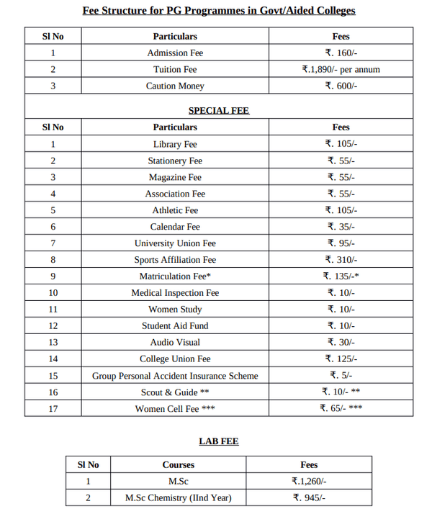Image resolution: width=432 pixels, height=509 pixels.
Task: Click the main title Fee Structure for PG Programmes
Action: pyautogui.click(x=219, y=11)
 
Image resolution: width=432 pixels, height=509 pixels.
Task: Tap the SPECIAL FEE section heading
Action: pyautogui.click(x=219, y=110)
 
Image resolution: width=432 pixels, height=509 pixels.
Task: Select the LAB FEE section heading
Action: pyautogui.click(x=219, y=441)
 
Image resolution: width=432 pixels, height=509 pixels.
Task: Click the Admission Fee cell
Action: pyautogui.click(x=175, y=53)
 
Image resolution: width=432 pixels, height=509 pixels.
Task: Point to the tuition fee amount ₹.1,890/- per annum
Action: pyautogui.click(x=341, y=69)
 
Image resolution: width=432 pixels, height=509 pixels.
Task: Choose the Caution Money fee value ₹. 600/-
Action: pyautogui.click(x=341, y=86)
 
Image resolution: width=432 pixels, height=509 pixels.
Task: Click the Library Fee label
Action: pyautogui.click(x=175, y=144)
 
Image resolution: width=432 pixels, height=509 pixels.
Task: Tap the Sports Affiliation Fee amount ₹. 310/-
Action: pyautogui.click(x=341, y=260)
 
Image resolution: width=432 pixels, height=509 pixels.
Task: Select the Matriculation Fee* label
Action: pyautogui.click(x=175, y=276)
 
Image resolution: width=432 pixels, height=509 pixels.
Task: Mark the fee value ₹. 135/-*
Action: pyautogui.click(x=341, y=276)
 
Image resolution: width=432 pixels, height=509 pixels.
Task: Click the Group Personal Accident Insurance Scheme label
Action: pyautogui.click(x=175, y=376)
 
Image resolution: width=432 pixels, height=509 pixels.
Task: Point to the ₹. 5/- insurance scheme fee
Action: pyautogui.click(x=341, y=376)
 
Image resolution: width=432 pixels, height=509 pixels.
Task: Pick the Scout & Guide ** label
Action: pyautogui.click(x=175, y=392)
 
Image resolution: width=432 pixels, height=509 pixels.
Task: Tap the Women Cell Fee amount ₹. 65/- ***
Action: pyautogui.click(x=341, y=409)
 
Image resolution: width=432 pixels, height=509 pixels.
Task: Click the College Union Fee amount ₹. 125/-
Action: pyautogui.click(x=341, y=359)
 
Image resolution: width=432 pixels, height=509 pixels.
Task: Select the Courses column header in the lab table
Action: pyautogui.click(x=179, y=465)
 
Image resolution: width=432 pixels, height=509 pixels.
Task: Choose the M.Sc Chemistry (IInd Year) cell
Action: pyautogui.click(x=179, y=498)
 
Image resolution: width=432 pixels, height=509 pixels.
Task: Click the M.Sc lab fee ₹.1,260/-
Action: pyautogui.click(x=309, y=482)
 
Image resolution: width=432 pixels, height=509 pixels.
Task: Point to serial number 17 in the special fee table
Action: pyautogui.click(x=53, y=409)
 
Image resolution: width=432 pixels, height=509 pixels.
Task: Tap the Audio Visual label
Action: pyautogui.click(x=175, y=343)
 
